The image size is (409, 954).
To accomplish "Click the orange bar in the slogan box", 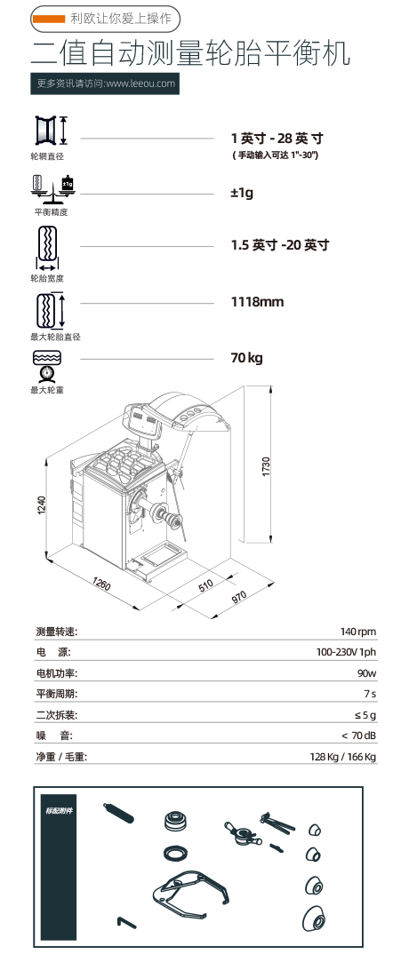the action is point(49,20).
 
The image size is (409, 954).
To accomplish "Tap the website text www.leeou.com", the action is point(140,84).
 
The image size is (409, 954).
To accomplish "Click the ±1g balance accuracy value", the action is point(242,194).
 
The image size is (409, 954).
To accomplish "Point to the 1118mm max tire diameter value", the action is point(257,302).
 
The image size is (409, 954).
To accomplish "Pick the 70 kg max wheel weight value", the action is point(246,358).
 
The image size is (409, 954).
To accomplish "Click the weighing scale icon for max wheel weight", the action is point(46,366).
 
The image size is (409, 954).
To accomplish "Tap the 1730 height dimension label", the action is point(266,466).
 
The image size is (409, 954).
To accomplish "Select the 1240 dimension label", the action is point(42,505).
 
